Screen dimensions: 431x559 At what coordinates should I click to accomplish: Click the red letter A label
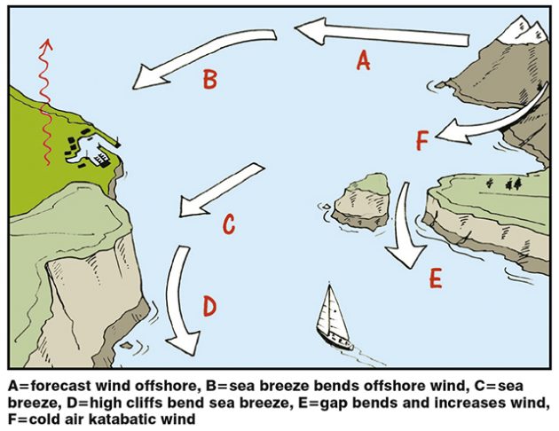click(362, 60)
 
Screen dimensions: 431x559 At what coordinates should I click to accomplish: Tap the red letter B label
click(209, 81)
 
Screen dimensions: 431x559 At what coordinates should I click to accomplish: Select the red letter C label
click(228, 225)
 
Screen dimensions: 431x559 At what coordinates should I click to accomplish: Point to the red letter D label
click(209, 307)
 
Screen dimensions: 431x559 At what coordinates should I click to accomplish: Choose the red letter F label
click(422, 140)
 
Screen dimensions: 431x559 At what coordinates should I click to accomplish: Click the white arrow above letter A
click(382, 35)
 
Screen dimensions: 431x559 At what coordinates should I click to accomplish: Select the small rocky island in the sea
click(364, 200)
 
